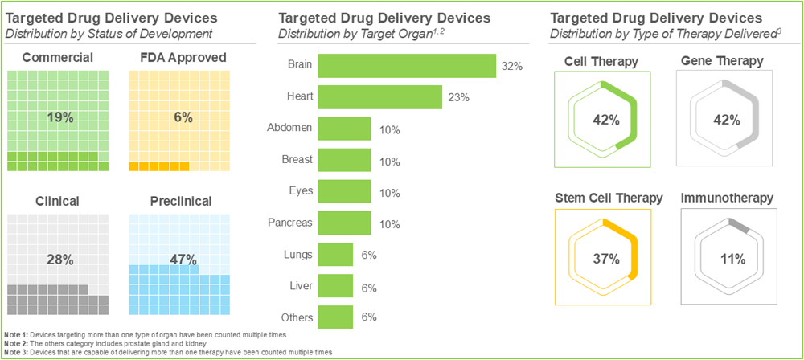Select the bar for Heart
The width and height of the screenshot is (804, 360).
click(x=379, y=97)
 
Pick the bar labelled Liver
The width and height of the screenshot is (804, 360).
click(x=335, y=286)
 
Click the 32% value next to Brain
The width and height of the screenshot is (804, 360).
click(x=512, y=66)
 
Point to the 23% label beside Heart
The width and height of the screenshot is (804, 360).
click(x=459, y=97)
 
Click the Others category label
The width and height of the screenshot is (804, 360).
click(x=296, y=317)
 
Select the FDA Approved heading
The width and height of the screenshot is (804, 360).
click(x=183, y=57)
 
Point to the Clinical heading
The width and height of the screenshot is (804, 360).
click(x=58, y=201)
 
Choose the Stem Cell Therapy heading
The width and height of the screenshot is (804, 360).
click(x=609, y=198)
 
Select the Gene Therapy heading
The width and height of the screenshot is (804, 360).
click(x=724, y=61)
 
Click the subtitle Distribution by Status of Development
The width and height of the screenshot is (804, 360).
click(x=109, y=33)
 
